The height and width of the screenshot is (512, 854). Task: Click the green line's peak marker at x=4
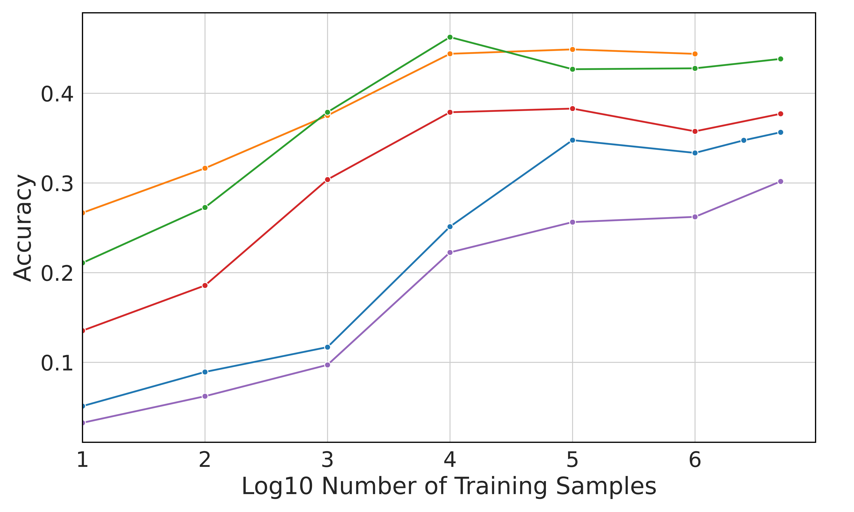click(450, 37)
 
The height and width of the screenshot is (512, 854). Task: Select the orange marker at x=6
click(695, 54)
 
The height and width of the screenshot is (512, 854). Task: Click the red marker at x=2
click(205, 285)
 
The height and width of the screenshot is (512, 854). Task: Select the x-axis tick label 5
click(572, 460)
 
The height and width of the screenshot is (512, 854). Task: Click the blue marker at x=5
click(572, 140)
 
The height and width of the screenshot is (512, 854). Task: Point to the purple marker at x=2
click(205, 396)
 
